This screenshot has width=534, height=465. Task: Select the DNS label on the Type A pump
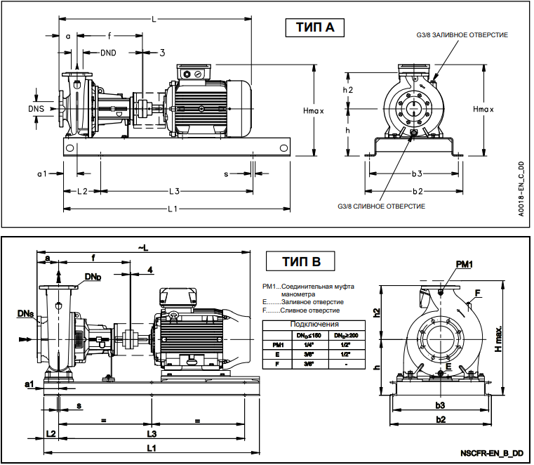pyautogui.click(x=36, y=109)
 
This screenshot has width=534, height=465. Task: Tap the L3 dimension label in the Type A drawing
pyautogui.click(x=175, y=191)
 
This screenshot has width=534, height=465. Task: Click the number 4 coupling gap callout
pyautogui.click(x=149, y=270)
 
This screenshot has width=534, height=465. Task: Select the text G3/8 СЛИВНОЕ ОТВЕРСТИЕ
pyautogui.click(x=382, y=206)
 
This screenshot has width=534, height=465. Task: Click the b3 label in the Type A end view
pyautogui.click(x=418, y=173)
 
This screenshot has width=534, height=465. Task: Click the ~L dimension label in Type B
pyautogui.click(x=143, y=248)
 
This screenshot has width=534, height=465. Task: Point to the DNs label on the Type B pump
pyautogui.click(x=22, y=313)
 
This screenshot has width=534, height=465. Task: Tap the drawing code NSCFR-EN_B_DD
pyautogui.click(x=493, y=453)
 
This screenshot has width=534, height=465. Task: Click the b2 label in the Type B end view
pyautogui.click(x=441, y=419)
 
